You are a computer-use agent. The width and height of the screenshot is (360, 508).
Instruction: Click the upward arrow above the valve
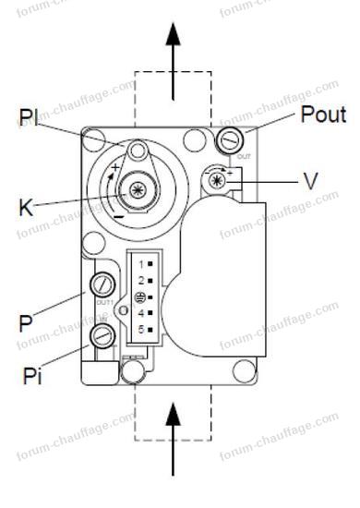pos(173,55)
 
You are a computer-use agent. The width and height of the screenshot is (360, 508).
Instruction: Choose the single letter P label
pos(26,322)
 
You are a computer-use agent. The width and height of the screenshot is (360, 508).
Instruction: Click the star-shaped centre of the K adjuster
pos(137,190)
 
